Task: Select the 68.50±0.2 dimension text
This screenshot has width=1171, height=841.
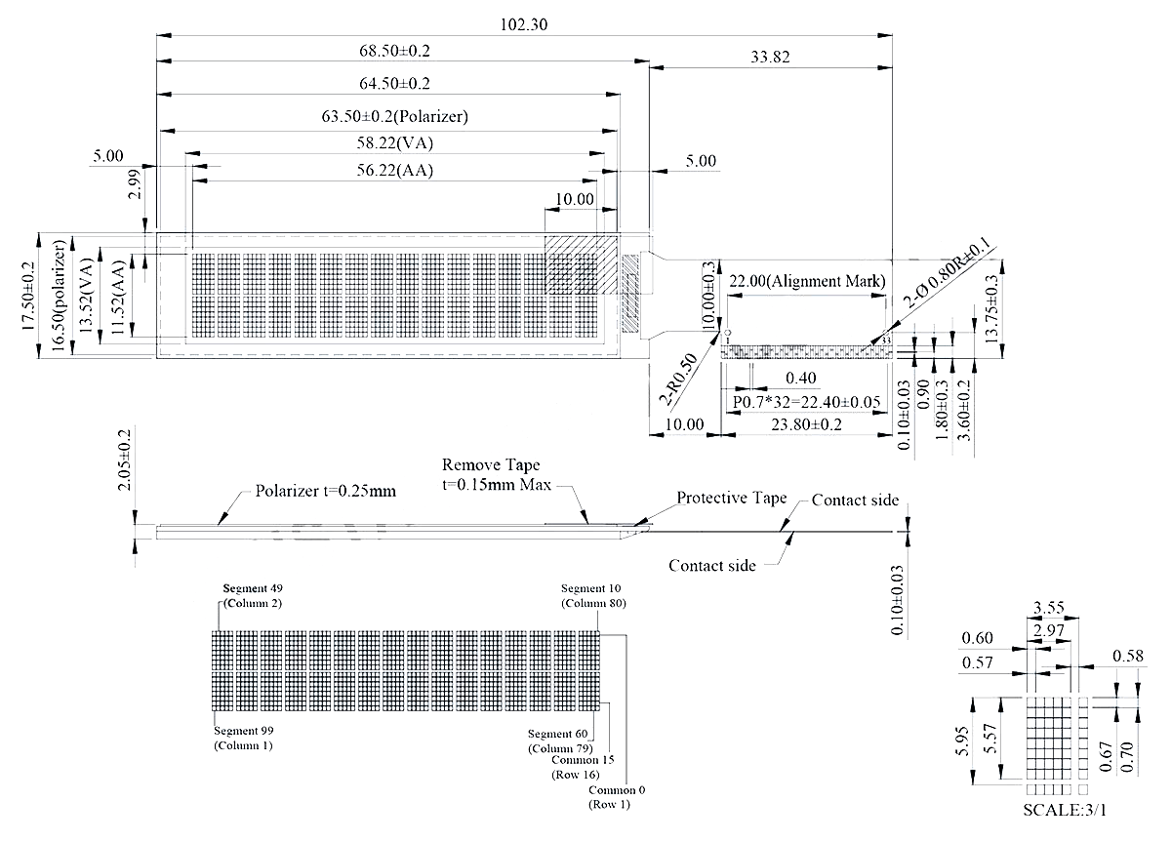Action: pyautogui.click(x=394, y=51)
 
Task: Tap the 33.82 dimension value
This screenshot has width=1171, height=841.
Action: pyautogui.click(x=771, y=58)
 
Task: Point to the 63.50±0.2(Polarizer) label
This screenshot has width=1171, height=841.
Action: pyautogui.click(x=395, y=116)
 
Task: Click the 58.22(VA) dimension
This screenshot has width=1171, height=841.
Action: pyautogui.click(x=394, y=142)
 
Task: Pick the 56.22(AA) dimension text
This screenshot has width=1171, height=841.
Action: pyautogui.click(x=394, y=170)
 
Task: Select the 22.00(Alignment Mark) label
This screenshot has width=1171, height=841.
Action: pyautogui.click(x=807, y=281)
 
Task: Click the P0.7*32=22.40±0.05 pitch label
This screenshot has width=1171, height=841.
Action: pyautogui.click(x=806, y=402)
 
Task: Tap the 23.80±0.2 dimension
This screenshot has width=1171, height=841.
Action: pyautogui.click(x=807, y=423)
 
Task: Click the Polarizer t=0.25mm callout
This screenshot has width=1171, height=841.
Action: pyautogui.click(x=326, y=491)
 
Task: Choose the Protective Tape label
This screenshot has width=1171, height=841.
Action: pyautogui.click(x=732, y=498)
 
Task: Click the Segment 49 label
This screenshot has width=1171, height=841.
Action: pyautogui.click(x=253, y=589)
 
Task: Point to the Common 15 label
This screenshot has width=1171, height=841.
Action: pyautogui.click(x=583, y=760)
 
